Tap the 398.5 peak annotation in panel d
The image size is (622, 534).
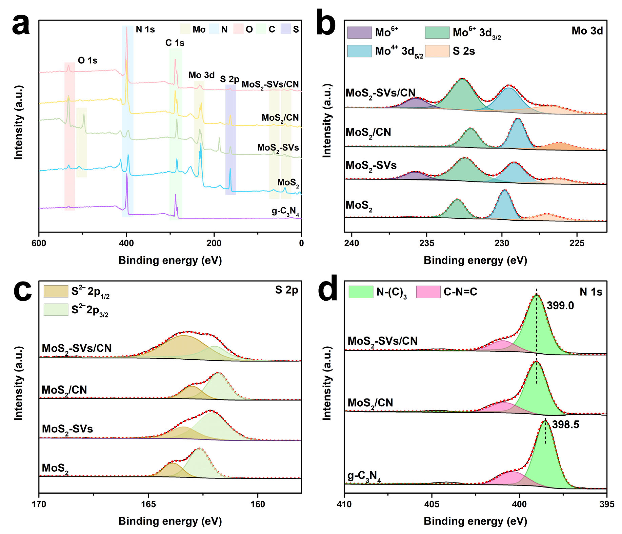pyautogui.click(x=565, y=425)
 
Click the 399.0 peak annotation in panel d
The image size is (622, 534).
pyautogui.click(x=560, y=306)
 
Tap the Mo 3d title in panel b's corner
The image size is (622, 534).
pyautogui.click(x=587, y=31)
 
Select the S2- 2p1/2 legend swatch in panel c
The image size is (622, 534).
pyautogui.click(x=56, y=291)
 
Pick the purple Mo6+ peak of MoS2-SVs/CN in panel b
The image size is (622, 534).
pyautogui.click(x=415, y=103)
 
